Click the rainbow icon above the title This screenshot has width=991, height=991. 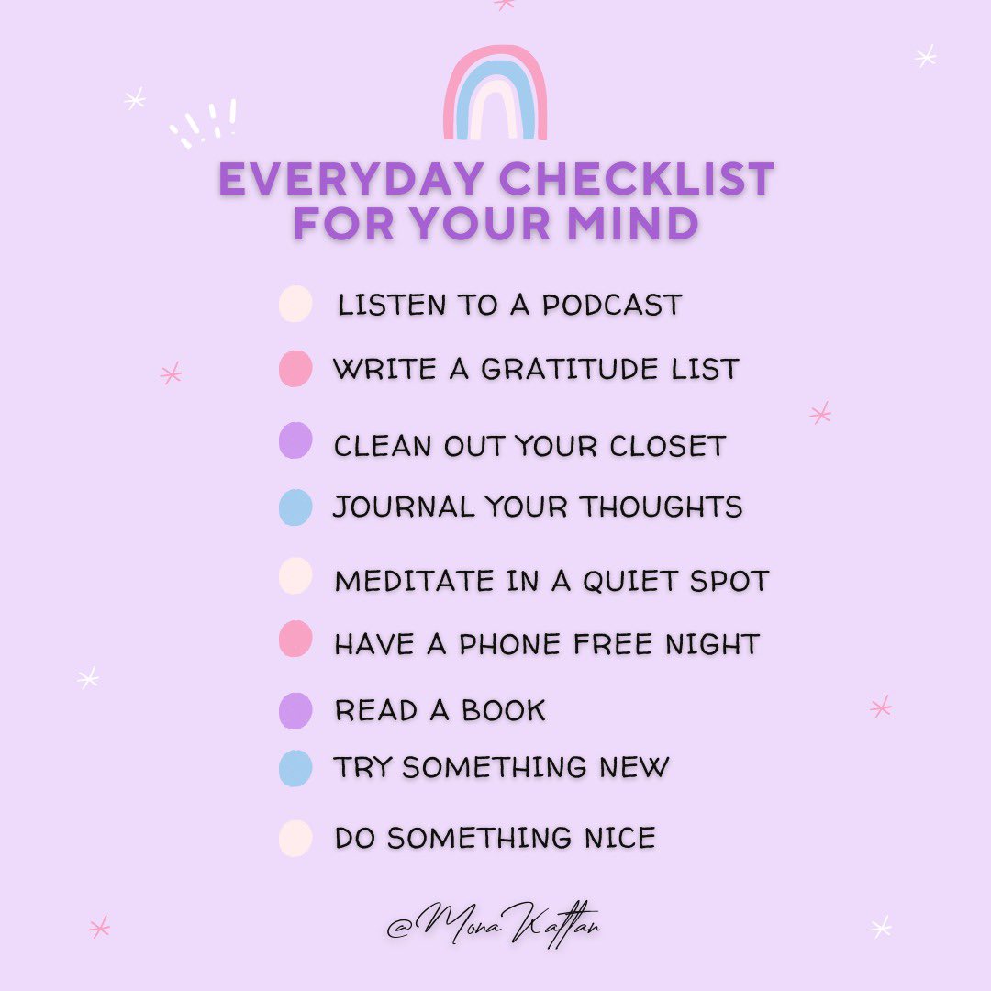pyautogui.click(x=495, y=95)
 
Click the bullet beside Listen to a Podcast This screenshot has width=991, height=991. pyautogui.click(x=295, y=305)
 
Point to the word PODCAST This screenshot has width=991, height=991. pyautogui.click(x=612, y=305)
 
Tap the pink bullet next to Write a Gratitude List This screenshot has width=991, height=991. pyautogui.click(x=295, y=369)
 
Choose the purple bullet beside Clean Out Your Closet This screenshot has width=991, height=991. pyautogui.click(x=295, y=440)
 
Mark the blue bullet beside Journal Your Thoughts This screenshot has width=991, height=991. pyautogui.click(x=295, y=507)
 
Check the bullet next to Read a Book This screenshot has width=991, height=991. pyautogui.click(x=295, y=710)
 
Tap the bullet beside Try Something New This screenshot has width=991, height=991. pyautogui.click(x=295, y=768)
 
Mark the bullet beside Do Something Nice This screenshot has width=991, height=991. pyautogui.click(x=295, y=839)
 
